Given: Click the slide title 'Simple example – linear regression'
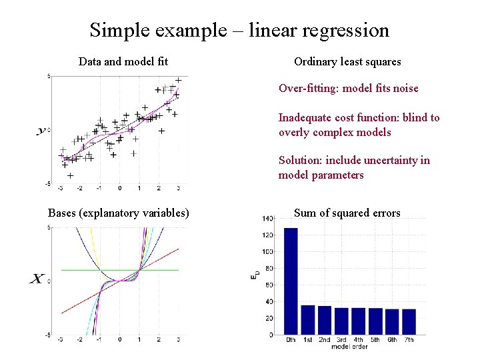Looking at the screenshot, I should point(239,30).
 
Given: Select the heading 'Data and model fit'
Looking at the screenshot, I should point(123,62).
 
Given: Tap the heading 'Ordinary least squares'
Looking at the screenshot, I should point(347,62).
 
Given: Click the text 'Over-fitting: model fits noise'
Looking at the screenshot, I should point(348,88).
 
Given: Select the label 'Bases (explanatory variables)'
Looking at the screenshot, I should point(119,213).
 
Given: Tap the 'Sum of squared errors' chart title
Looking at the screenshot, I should point(347,213).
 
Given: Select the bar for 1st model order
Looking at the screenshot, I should point(307,320).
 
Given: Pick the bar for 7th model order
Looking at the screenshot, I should point(409,322).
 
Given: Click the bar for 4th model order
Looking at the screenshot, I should point(358,321).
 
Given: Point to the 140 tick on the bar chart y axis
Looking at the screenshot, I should point(267,219).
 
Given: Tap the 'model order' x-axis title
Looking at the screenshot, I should point(350,347).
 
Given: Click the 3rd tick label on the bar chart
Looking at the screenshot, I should point(341,341).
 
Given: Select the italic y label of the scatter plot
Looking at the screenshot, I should point(41,131).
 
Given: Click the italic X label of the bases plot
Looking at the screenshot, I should point(38,279).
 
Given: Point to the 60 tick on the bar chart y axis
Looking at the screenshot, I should point(268,285).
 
